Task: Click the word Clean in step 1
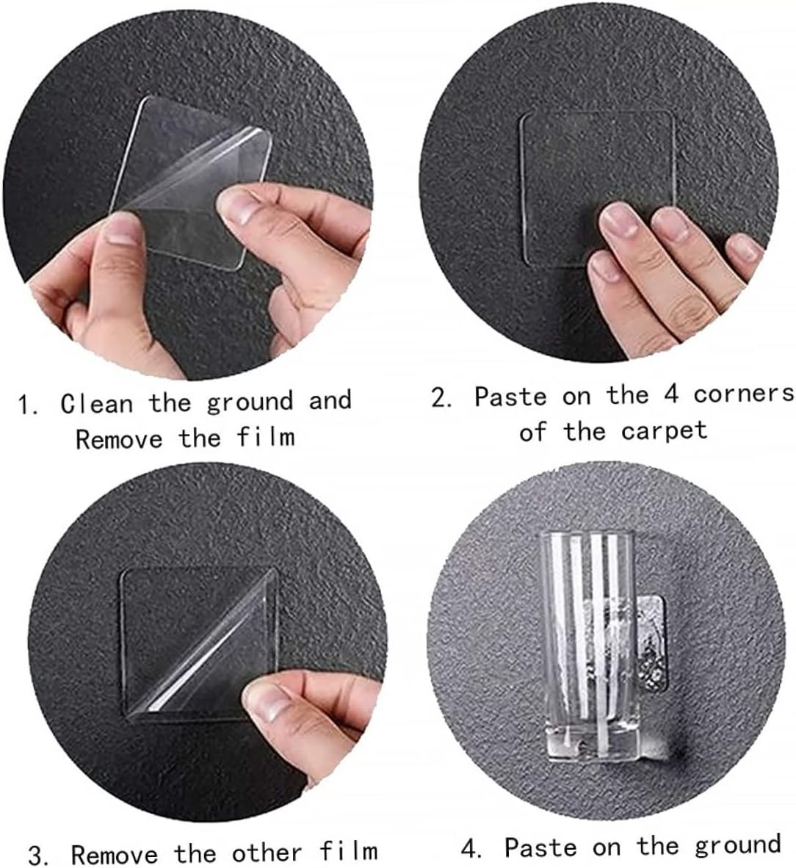[96, 402]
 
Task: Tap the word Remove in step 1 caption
[119, 439]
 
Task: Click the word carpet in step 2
[664, 430]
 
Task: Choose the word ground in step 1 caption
[250, 402]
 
